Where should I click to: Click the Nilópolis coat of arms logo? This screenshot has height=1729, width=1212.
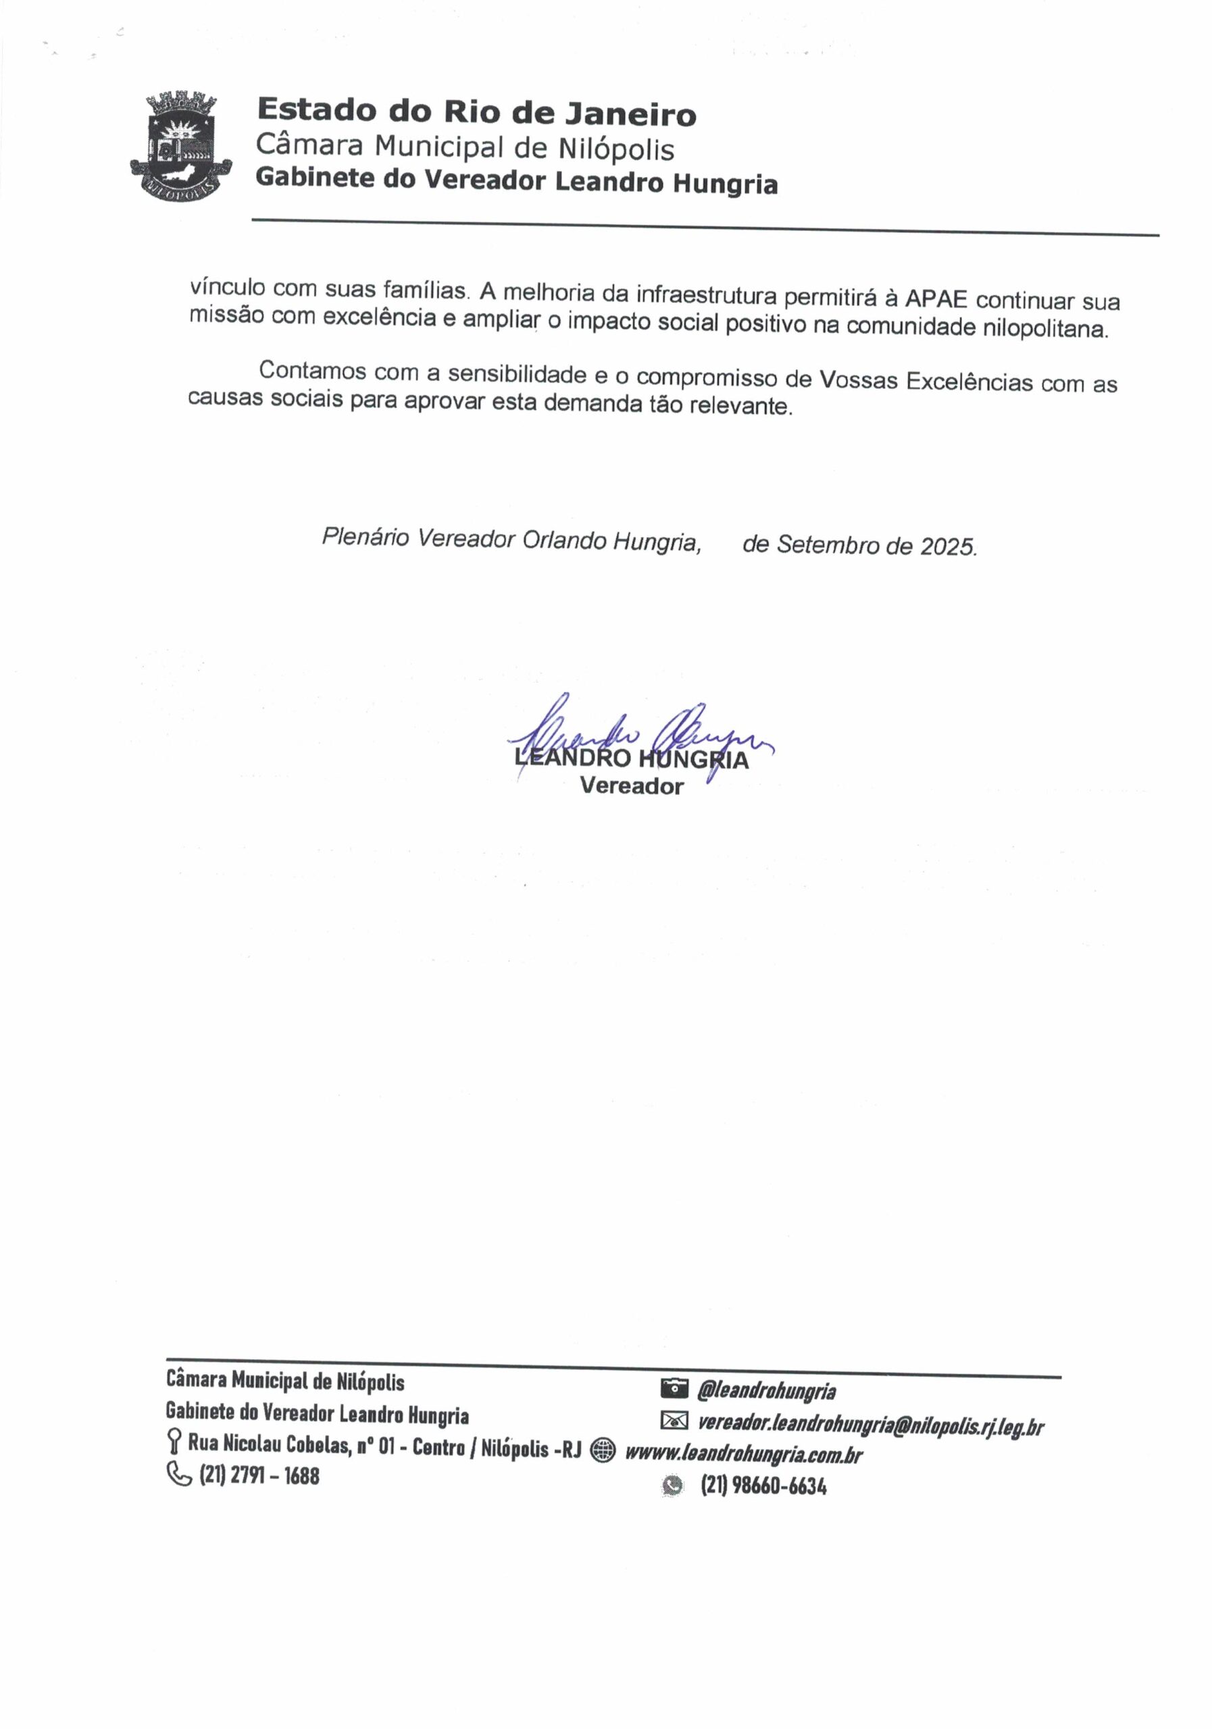pos(181,146)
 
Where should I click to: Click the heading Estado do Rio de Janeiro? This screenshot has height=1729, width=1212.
pos(476,112)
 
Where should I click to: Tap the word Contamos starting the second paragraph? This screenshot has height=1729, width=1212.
pos(313,371)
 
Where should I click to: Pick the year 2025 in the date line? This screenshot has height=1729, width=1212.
pos(948,546)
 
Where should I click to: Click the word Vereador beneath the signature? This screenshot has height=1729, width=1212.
pos(631,786)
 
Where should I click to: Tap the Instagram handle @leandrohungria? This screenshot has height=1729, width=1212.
pos(766,1390)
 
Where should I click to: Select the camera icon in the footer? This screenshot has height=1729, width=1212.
pos(674,1387)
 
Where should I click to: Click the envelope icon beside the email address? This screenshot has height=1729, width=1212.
pos(674,1420)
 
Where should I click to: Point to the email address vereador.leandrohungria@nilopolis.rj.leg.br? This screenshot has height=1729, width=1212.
pos(870,1424)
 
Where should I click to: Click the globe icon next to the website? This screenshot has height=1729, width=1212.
pos(603,1449)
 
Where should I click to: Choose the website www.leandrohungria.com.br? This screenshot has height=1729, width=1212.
pos(743,1453)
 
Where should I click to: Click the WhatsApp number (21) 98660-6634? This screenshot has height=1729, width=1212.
pos(763,1486)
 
